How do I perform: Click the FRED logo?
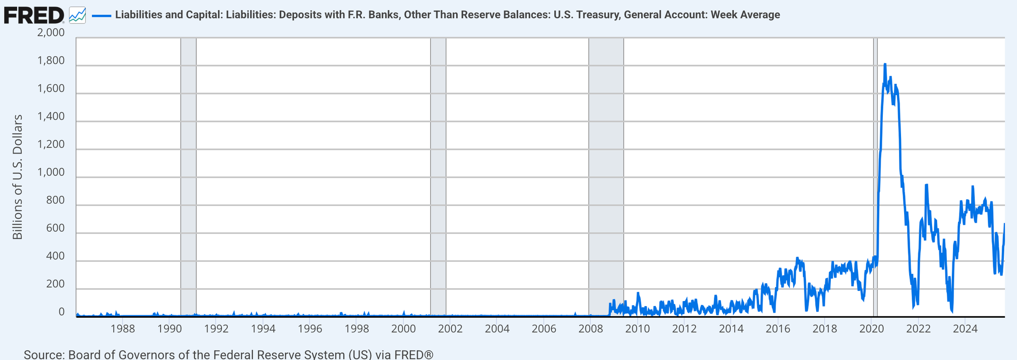[x=34, y=15]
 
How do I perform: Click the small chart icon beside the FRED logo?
[x=77, y=15]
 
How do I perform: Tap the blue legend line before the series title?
[x=101, y=15]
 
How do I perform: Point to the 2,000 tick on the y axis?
[x=51, y=33]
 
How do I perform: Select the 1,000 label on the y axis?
[x=51, y=172]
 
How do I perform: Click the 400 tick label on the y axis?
[x=55, y=256]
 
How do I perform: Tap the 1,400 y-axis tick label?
[x=51, y=116]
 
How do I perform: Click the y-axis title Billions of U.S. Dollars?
[x=18, y=177]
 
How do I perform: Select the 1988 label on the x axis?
[x=123, y=328]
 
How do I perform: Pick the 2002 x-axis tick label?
[x=450, y=328]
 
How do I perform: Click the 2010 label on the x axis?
[x=637, y=328]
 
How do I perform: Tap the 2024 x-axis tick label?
[x=965, y=328]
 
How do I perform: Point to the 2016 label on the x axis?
[x=777, y=328]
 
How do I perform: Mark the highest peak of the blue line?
[x=885, y=65]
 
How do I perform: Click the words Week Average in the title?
[x=745, y=15]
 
